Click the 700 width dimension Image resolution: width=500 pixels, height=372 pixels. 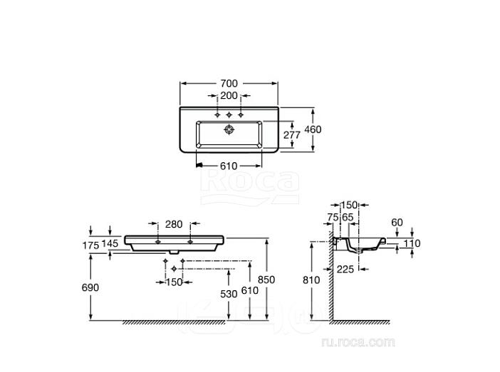pos(229,83)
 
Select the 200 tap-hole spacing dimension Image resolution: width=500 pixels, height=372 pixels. pos(229,95)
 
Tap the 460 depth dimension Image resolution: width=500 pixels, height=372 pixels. pos(313,129)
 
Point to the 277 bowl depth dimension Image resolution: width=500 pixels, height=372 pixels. pos(292,135)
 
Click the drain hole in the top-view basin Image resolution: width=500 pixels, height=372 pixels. pos(229,129)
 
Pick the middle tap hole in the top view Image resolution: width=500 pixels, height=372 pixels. pos(229,115)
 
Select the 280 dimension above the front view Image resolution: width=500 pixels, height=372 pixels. pos(174,224)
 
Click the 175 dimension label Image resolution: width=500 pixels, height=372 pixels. pos(91,245)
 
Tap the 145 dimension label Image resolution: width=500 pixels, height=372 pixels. pos(110,244)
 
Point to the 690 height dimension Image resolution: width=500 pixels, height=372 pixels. pos(90,287)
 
